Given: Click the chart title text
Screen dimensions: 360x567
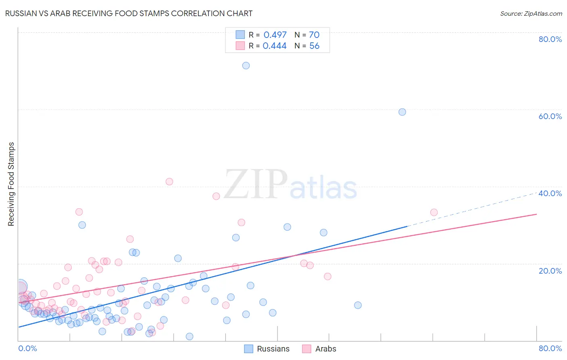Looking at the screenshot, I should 129,13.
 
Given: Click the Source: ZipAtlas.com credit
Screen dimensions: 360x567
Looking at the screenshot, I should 531,13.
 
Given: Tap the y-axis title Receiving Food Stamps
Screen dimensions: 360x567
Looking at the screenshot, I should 11,184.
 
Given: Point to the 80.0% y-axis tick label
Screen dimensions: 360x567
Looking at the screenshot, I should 550,39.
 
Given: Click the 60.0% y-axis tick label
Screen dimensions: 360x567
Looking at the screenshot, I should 550,116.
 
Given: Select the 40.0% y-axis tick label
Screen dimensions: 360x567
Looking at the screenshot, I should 550,193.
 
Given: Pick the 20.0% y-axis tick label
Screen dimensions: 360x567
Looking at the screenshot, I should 550,270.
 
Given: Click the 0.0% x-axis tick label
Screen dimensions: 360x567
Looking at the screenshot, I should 27,348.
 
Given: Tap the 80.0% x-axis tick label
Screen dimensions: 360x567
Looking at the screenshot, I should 550,348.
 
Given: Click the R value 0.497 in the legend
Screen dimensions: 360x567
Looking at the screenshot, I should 275,35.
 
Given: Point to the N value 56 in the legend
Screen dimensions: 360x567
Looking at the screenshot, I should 314,46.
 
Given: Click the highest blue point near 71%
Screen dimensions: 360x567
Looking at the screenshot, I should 246,65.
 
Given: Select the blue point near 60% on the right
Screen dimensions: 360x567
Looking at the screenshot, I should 402,112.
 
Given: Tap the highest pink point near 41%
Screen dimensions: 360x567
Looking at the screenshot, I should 169,182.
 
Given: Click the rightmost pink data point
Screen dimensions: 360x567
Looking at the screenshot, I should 434,212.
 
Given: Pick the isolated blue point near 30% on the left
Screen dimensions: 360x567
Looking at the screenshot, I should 82,225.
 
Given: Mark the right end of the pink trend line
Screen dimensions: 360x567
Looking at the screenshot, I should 536,214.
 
